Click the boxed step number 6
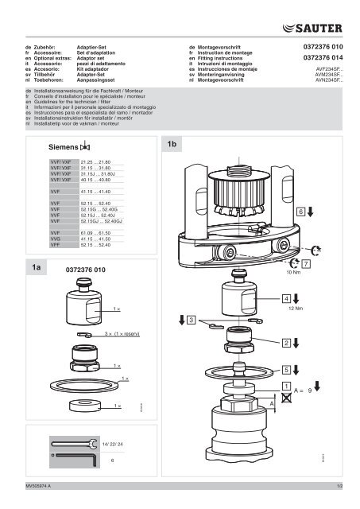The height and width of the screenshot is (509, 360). click(x=300, y=212)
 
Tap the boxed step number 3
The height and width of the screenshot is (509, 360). click(x=191, y=319)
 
